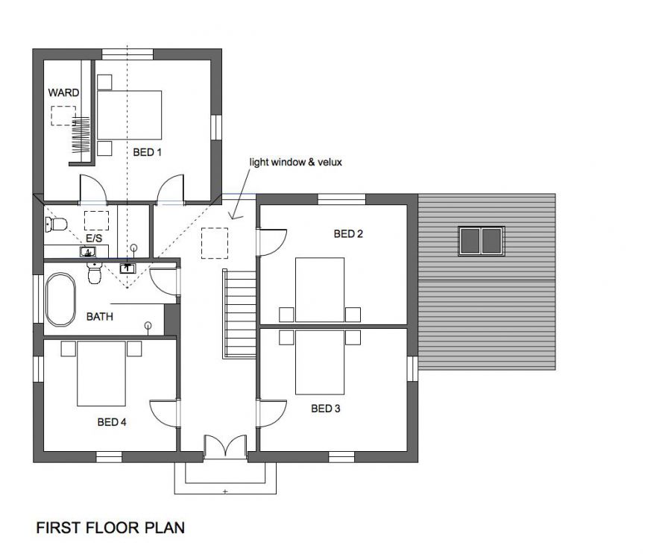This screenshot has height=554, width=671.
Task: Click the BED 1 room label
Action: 147,152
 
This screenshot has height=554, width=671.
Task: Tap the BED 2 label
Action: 348,234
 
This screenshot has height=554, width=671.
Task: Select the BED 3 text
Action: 325,409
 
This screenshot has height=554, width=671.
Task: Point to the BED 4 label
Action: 112,422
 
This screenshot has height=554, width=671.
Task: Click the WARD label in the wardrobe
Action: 63,93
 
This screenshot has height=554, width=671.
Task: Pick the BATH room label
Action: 100,317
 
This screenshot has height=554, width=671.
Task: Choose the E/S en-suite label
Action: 94,238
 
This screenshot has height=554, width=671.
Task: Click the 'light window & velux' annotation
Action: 296,163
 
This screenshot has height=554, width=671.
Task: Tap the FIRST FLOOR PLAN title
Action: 110,527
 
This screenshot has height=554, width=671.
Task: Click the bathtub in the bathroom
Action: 60,300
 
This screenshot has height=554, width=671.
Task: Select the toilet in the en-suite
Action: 56,224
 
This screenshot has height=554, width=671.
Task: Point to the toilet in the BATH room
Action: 94,273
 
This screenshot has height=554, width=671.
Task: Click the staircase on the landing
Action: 239,314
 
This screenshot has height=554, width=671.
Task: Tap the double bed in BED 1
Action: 129,115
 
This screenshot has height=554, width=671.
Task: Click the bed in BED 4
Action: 101,374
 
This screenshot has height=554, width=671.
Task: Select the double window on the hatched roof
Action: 482,241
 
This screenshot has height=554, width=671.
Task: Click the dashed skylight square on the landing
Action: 215,243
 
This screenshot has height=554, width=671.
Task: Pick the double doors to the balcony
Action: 225,447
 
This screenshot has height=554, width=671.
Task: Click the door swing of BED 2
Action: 272,242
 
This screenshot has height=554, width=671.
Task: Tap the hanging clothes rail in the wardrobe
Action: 81,135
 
